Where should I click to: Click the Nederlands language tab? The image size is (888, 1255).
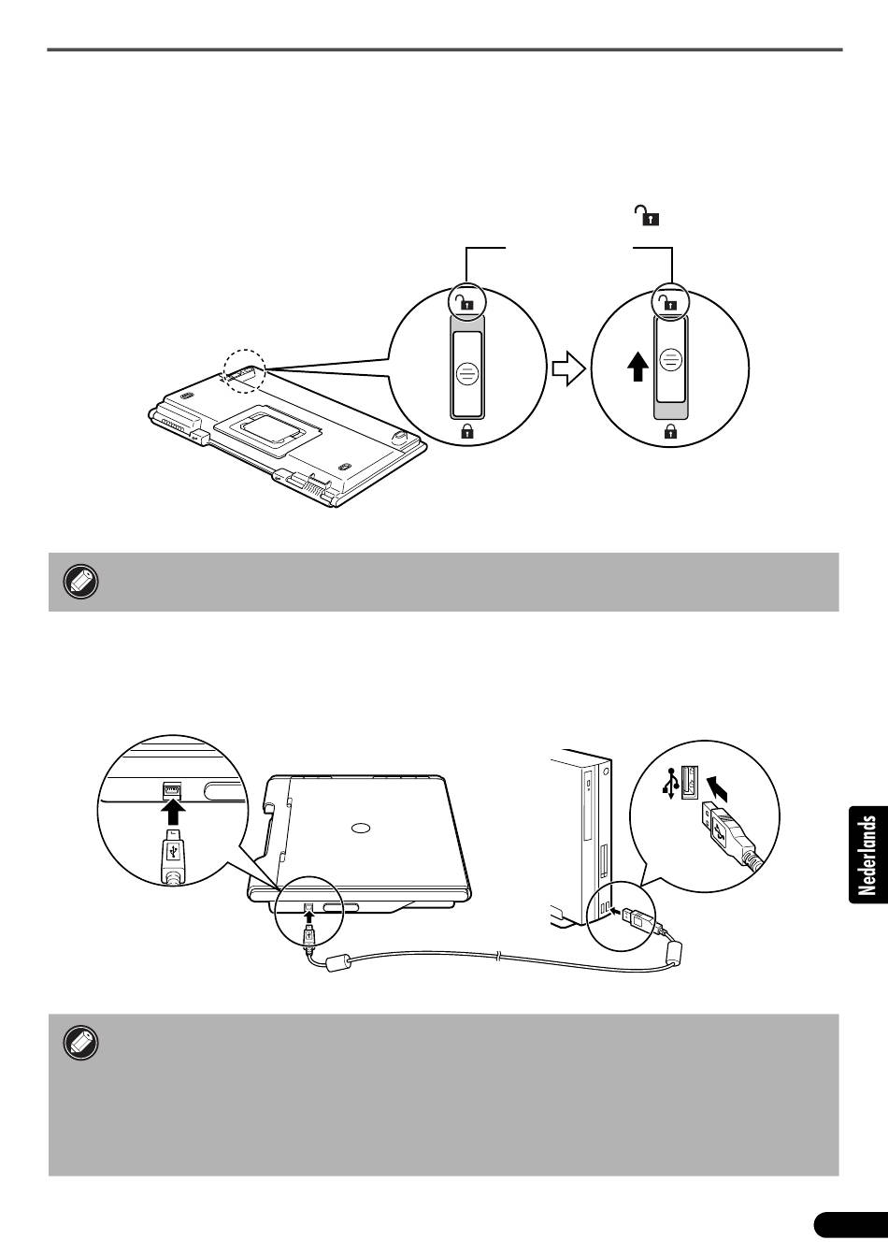pos(867,855)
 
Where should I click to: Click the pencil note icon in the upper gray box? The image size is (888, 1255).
pos(80,582)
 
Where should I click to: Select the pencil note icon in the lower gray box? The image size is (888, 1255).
pos(80,1043)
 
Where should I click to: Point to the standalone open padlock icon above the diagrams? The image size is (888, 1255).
pos(646,215)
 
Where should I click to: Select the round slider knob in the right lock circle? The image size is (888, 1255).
pos(669,360)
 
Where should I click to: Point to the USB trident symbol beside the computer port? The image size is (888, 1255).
pos(668,785)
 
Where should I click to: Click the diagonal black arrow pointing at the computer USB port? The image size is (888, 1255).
pos(719,787)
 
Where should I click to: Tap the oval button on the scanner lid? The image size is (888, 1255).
pos(360,828)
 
